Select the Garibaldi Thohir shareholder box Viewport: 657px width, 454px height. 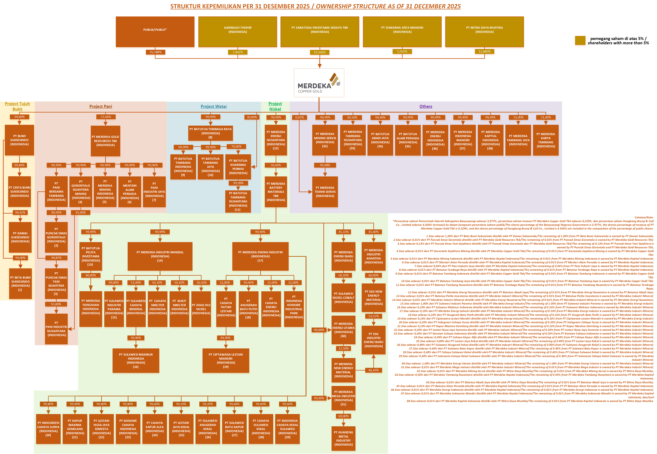(238, 32)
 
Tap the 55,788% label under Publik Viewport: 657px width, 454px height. (155, 52)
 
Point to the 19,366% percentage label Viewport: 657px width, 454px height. (319, 52)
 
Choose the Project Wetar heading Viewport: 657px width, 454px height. (214, 106)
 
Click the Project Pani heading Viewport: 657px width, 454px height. (101, 106)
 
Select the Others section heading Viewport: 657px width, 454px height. (426, 106)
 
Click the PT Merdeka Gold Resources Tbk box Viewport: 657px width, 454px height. (105, 141)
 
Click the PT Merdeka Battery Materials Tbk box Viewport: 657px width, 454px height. (276, 192)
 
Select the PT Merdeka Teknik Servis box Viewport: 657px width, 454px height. (325, 192)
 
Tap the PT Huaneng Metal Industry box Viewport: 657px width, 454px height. (343, 438)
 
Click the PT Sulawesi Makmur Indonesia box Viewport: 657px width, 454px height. (136, 360)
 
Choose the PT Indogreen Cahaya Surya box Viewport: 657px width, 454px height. (48, 429)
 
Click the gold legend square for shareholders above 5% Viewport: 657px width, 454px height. (580, 40)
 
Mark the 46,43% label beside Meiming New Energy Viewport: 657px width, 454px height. (373, 370)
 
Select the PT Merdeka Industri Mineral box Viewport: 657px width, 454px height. (160, 256)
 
